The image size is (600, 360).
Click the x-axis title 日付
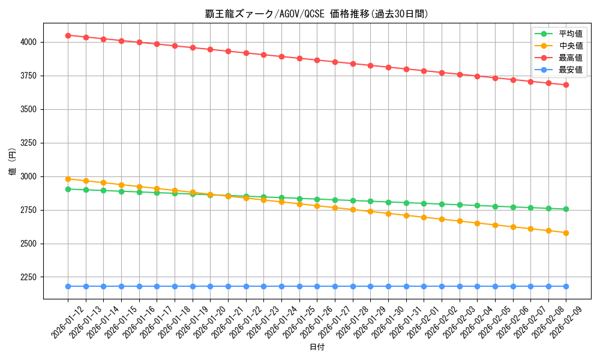(317, 347)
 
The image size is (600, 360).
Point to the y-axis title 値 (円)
(13, 161)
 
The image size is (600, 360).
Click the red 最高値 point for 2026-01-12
(68, 35)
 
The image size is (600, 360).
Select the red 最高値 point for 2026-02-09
(566, 85)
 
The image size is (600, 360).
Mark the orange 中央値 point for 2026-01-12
(68, 179)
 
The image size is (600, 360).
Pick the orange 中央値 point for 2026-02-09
(566, 233)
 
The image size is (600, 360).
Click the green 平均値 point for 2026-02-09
(566, 209)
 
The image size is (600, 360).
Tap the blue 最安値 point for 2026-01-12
(68, 286)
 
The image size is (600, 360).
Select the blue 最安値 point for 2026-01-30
(388, 286)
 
